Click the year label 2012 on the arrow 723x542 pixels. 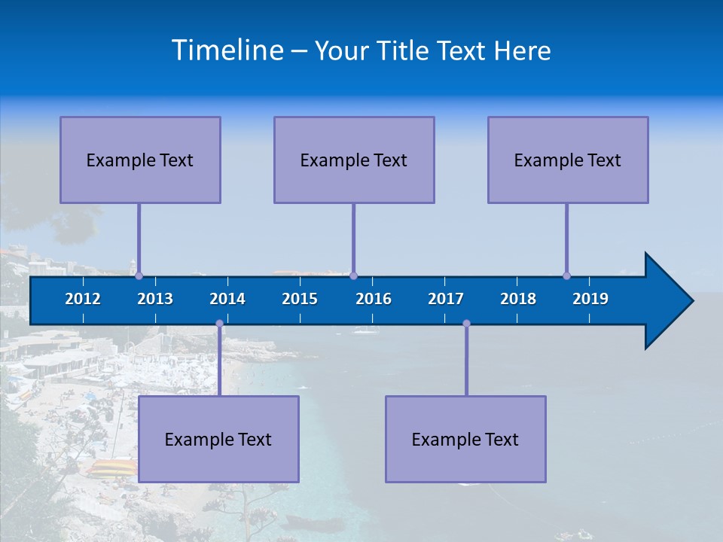coord(83,299)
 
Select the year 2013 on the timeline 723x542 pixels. coord(155,299)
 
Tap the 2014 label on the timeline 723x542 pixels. coord(227,299)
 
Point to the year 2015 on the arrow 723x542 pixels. coord(300,299)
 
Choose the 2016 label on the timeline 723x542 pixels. coord(374,299)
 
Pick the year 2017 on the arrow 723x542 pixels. coord(446,299)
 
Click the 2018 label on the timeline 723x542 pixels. coord(518,299)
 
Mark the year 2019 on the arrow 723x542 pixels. coord(590,299)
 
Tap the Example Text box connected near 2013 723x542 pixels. coord(140,160)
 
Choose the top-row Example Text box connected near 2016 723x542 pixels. coord(354,160)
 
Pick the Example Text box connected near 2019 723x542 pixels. coord(568,160)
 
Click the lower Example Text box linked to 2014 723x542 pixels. coord(218,439)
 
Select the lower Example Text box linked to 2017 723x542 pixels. coord(465,439)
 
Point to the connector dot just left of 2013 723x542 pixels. coord(139,276)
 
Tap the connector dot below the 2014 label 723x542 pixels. coord(219,324)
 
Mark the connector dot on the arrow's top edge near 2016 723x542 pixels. coord(353,276)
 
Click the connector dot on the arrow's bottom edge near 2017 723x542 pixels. coord(466,324)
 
